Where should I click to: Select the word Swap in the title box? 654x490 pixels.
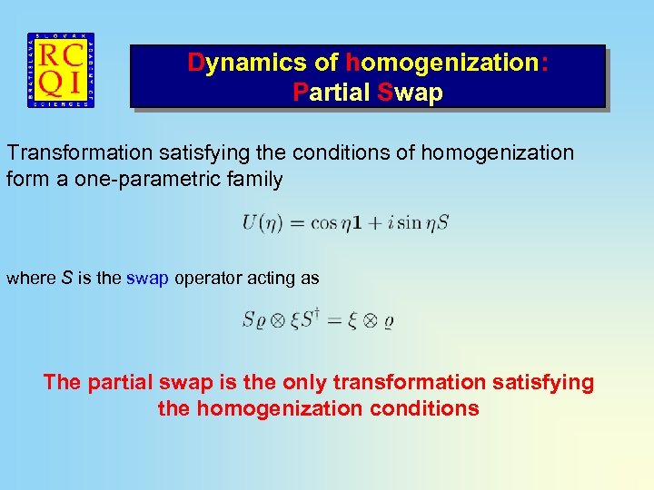pyautogui.click(x=410, y=92)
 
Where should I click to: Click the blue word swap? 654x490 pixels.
pyautogui.click(x=147, y=279)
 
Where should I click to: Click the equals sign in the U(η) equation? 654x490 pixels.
pyautogui.click(x=296, y=221)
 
